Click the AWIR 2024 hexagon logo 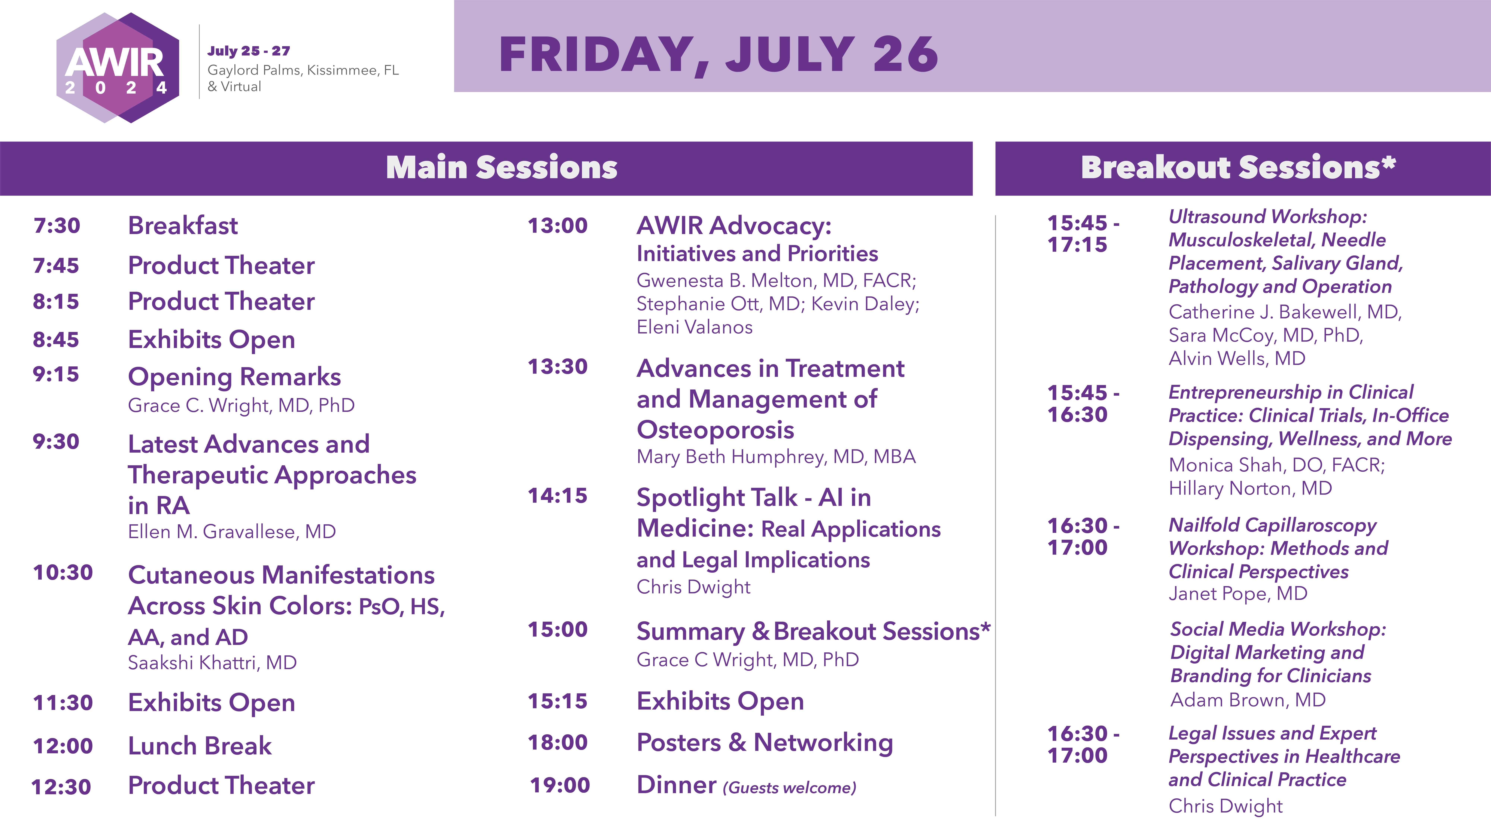tap(118, 68)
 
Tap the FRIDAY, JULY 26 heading tap(718, 55)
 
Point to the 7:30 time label tap(57, 225)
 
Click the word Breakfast tap(183, 225)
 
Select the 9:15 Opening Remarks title tap(234, 377)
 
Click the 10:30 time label tap(63, 573)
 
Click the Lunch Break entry tap(200, 746)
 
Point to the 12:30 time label tap(61, 787)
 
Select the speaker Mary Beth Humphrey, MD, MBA tap(776, 457)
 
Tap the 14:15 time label tap(557, 496)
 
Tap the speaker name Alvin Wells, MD tap(1237, 359)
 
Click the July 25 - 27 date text tap(249, 51)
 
